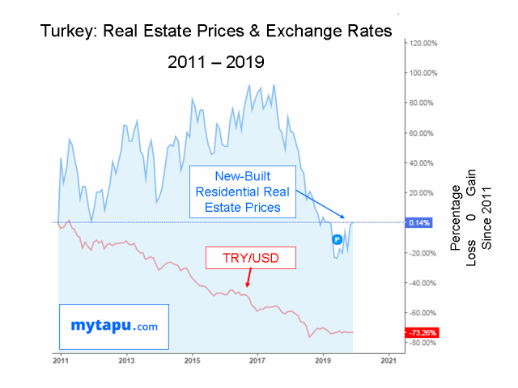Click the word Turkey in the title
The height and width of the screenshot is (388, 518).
[68, 31]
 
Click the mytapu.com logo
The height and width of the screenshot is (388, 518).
[113, 327]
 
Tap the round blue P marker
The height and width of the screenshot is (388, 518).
[337, 239]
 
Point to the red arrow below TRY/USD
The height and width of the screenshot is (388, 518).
[248, 279]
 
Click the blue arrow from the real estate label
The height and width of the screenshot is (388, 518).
[320, 204]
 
